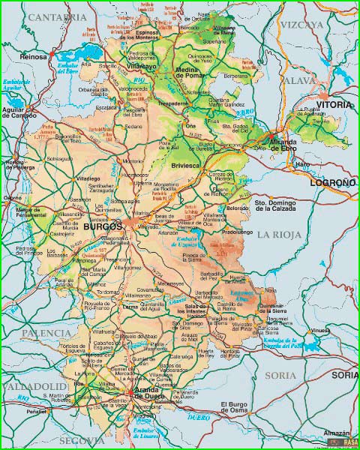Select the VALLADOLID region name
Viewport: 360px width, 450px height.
(34, 385)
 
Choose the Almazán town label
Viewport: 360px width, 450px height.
(337, 433)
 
